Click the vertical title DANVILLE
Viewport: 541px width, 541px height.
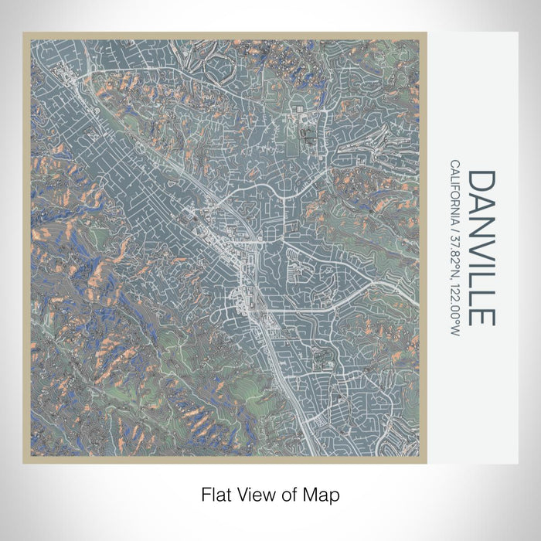(x=481, y=247)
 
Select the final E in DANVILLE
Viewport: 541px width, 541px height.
(x=481, y=315)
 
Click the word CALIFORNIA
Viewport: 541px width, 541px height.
(x=454, y=195)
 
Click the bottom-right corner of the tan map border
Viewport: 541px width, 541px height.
(x=426, y=461)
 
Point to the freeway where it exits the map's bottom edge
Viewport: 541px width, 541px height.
(x=311, y=454)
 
